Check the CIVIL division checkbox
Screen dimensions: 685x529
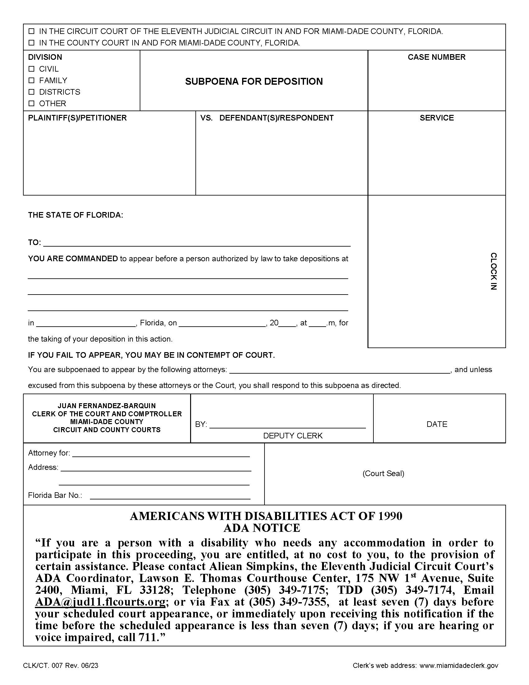(x=31, y=69)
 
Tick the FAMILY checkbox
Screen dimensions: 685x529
(x=31, y=80)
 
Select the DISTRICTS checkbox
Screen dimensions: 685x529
(x=31, y=92)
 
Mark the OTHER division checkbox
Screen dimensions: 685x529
(x=31, y=103)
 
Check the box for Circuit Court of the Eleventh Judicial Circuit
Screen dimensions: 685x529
(x=31, y=31)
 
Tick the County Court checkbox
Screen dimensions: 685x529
(x=31, y=43)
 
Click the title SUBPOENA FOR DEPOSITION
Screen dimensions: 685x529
(x=254, y=82)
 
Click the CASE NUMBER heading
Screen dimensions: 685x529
(x=436, y=57)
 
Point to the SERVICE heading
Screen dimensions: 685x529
(x=437, y=118)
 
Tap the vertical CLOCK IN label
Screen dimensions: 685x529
(x=493, y=271)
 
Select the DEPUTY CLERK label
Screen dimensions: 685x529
(x=293, y=436)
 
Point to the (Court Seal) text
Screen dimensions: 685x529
(x=383, y=473)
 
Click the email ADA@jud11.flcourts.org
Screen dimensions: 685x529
(x=100, y=602)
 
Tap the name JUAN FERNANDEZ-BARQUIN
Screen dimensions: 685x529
(x=107, y=405)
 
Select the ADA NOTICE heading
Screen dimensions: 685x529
(x=262, y=528)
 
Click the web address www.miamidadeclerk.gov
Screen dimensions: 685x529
(x=459, y=666)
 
